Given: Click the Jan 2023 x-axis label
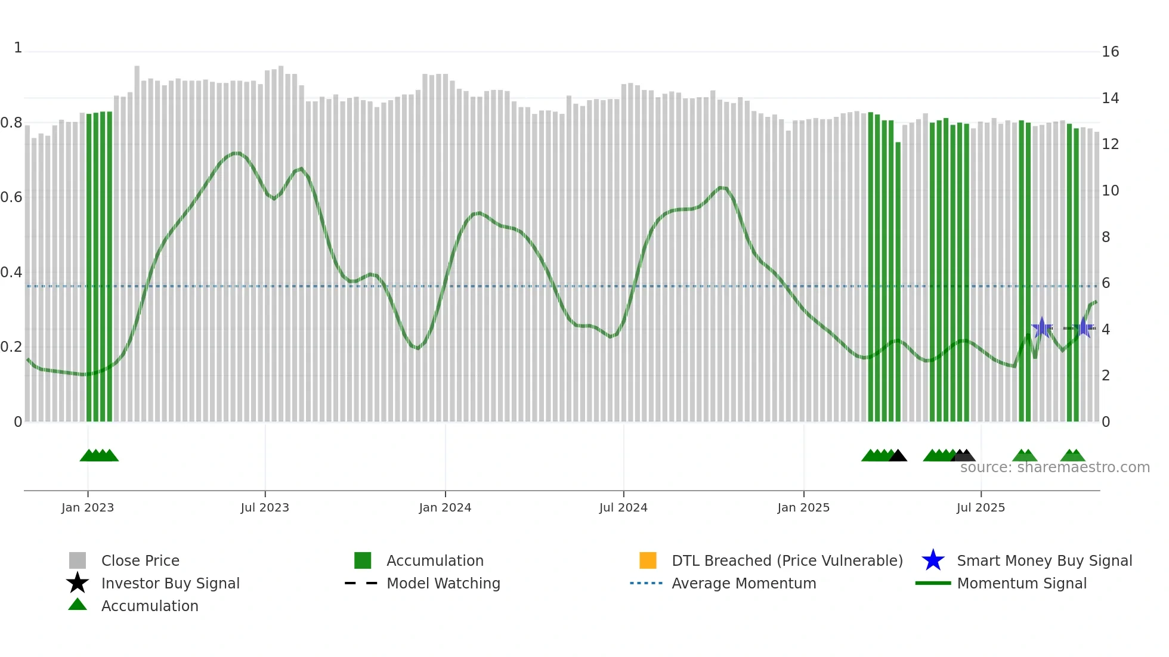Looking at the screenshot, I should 88,507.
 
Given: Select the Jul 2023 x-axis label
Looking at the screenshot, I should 265,507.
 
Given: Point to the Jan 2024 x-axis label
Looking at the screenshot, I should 445,507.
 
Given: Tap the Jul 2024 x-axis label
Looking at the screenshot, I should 623,507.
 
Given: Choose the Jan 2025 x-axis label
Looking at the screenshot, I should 803,507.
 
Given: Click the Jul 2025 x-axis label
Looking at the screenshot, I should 981,507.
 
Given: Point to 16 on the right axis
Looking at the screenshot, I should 1110,52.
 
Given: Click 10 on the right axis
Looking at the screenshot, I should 1110,191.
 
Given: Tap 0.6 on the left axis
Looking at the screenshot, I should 11,197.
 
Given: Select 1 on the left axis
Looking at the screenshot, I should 18,48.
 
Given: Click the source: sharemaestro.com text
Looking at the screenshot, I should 1054,467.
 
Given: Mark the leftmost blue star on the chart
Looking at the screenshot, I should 1042,327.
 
